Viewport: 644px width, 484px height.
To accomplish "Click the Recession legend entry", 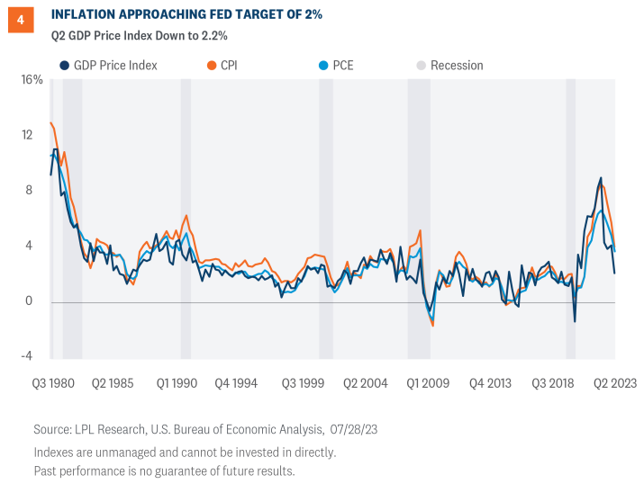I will point(449,66).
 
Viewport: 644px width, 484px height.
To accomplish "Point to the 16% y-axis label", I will point(32,80).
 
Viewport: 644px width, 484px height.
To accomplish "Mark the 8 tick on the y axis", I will point(39,191).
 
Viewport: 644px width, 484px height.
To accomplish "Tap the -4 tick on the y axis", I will point(36,356).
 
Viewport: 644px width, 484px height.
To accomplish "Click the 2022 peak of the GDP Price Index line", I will point(600,178).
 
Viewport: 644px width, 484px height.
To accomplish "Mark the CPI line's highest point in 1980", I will point(51,122).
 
